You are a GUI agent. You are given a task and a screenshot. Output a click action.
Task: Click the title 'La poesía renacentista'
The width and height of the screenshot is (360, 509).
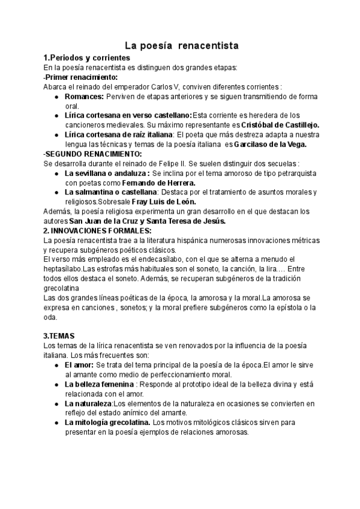(x=182, y=45)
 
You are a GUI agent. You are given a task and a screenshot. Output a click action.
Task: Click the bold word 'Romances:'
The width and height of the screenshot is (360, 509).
(x=85, y=96)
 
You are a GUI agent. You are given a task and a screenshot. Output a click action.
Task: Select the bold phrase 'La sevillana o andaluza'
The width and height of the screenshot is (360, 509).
(x=107, y=173)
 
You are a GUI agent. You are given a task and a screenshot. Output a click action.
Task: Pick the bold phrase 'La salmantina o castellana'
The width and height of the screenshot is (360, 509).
(x=111, y=192)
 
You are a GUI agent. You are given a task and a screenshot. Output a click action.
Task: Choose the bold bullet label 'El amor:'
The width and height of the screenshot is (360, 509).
(x=79, y=364)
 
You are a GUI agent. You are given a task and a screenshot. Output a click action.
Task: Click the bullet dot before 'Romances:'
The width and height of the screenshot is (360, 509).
(x=56, y=96)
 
